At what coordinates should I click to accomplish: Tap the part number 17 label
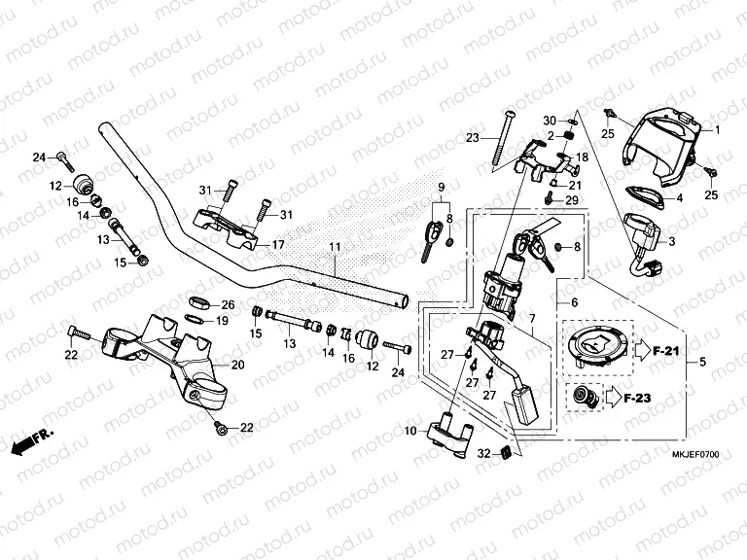(277, 244)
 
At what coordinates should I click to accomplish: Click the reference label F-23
(640, 397)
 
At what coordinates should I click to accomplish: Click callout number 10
(410, 431)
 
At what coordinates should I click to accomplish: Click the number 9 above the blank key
(440, 187)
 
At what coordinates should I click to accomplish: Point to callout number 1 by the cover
(719, 129)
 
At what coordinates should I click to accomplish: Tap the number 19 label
(221, 320)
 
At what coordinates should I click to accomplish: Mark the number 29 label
(572, 200)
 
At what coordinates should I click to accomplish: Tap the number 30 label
(550, 120)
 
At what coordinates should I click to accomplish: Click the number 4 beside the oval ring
(680, 198)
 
